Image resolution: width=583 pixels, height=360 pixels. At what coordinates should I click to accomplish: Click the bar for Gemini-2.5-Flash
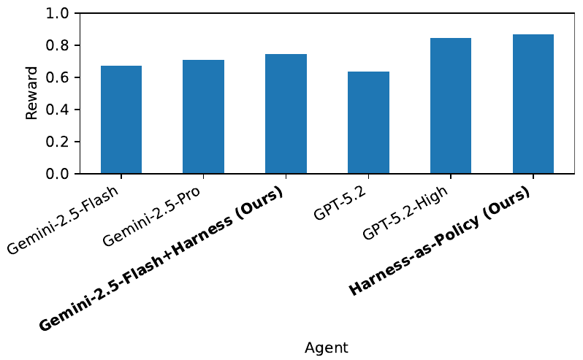[121, 120]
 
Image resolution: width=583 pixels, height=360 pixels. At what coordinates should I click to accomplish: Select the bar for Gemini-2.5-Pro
[204, 117]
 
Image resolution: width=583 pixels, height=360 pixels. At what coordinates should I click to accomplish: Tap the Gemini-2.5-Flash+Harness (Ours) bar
[286, 114]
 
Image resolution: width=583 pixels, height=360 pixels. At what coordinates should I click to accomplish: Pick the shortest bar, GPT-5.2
[368, 123]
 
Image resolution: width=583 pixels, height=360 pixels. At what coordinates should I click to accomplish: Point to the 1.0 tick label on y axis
[58, 14]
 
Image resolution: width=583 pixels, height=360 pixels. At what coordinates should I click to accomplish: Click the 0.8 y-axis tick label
[58, 46]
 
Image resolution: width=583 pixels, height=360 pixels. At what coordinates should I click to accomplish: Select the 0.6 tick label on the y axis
[58, 78]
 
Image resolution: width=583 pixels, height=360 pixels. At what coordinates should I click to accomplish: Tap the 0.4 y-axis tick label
[58, 110]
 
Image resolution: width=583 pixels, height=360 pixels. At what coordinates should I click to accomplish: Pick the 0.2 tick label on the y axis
[58, 142]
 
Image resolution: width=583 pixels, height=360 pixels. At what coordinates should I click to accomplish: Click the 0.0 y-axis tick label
[58, 175]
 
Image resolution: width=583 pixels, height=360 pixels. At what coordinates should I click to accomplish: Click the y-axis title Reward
[31, 93]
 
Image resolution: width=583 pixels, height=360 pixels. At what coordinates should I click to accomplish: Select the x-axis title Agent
[327, 348]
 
